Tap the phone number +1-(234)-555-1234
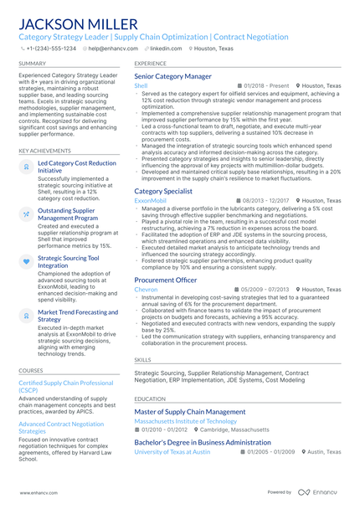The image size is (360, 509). pos(51,49)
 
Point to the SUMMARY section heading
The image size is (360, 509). pos(33,64)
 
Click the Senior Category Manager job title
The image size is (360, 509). pos(172,76)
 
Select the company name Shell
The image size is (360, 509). pos(141,85)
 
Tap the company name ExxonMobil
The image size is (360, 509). pos(150,201)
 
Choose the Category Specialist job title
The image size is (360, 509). pos(162,192)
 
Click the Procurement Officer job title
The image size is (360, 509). pos(166,280)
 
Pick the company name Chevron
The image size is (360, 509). pos(145,289)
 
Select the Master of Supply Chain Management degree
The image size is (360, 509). pos(190,412)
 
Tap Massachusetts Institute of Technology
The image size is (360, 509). pos(185,421)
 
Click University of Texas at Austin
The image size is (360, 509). pos(172,451)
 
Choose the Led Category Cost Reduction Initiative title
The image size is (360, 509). pos(77,167)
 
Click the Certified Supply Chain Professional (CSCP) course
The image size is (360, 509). pos(65,386)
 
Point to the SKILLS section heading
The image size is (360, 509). pos(142,359)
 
